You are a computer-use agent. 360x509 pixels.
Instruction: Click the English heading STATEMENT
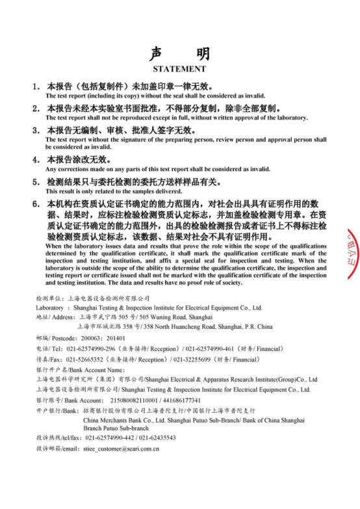179,68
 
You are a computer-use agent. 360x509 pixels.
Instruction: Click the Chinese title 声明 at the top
179,53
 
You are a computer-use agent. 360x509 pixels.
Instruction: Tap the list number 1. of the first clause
37,86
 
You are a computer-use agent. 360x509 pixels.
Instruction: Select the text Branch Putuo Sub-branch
116,428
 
